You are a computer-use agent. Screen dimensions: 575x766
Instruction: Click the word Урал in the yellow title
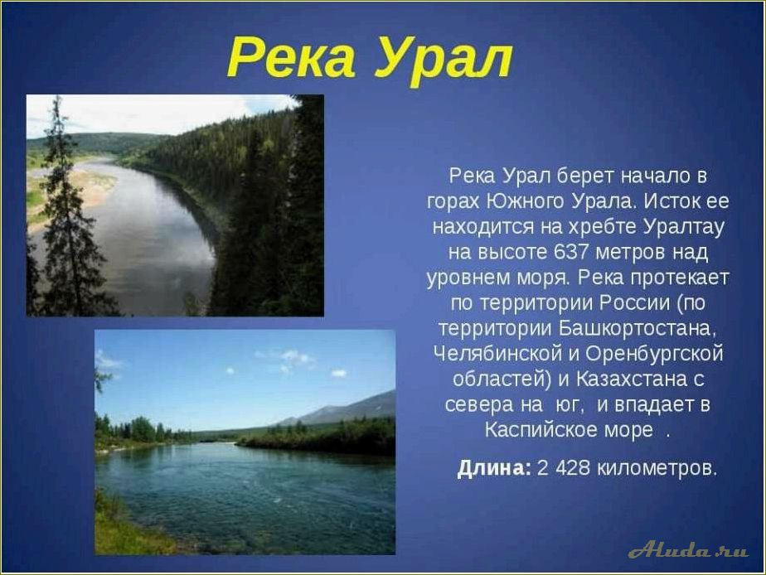(x=442, y=59)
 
